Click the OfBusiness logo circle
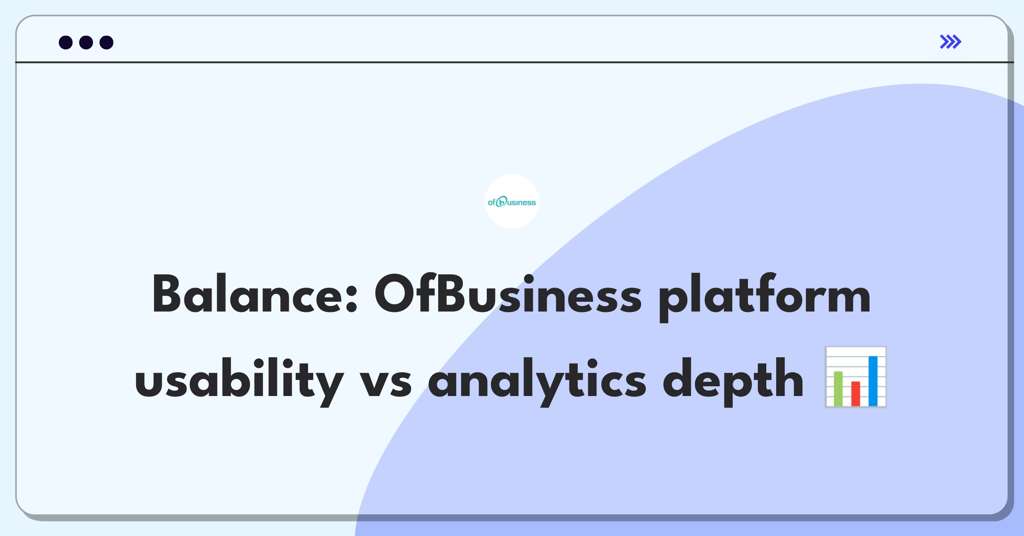(512, 201)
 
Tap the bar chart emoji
(855, 377)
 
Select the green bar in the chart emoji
(838, 389)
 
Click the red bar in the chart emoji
(855, 393)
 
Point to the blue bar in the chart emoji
(873, 381)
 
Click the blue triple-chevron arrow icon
(951, 42)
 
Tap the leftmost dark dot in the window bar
(66, 42)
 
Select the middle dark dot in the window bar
(86, 42)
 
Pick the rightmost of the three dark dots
(107, 42)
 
